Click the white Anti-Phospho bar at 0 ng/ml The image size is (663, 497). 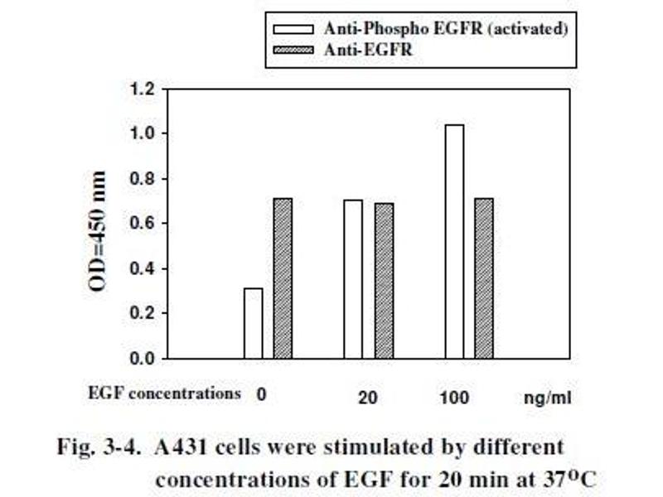254,324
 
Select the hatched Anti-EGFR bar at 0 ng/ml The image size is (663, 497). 283,278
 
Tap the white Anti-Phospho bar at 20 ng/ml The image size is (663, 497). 353,279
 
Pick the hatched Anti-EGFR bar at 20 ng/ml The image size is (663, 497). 384,281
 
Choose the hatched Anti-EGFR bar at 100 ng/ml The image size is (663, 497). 484,278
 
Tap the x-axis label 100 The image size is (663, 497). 453,398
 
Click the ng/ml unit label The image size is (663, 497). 547,398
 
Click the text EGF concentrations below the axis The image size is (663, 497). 164,393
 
